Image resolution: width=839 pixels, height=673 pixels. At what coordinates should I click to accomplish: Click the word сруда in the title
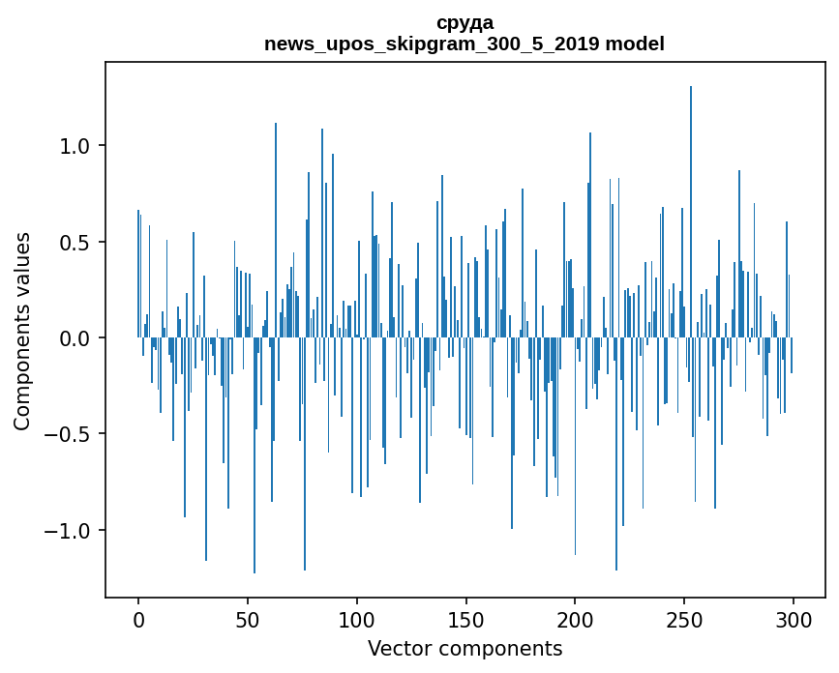[464, 22]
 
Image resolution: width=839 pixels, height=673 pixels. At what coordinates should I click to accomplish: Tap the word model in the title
[635, 44]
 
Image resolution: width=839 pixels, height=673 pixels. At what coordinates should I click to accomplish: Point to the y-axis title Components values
[22, 331]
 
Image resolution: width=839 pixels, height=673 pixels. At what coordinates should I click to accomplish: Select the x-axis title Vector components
[464, 648]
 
